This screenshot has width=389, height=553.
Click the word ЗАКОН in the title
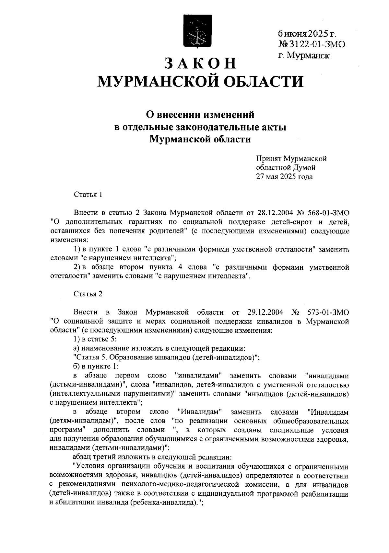click(201, 63)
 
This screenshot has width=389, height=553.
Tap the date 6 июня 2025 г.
click(307, 34)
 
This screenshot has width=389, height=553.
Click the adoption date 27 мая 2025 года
click(284, 177)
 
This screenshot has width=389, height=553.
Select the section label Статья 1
click(88, 195)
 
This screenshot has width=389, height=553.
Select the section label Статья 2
click(88, 294)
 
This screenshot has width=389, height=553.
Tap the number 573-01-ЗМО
click(328, 312)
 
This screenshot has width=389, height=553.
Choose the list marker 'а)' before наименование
click(77, 349)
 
